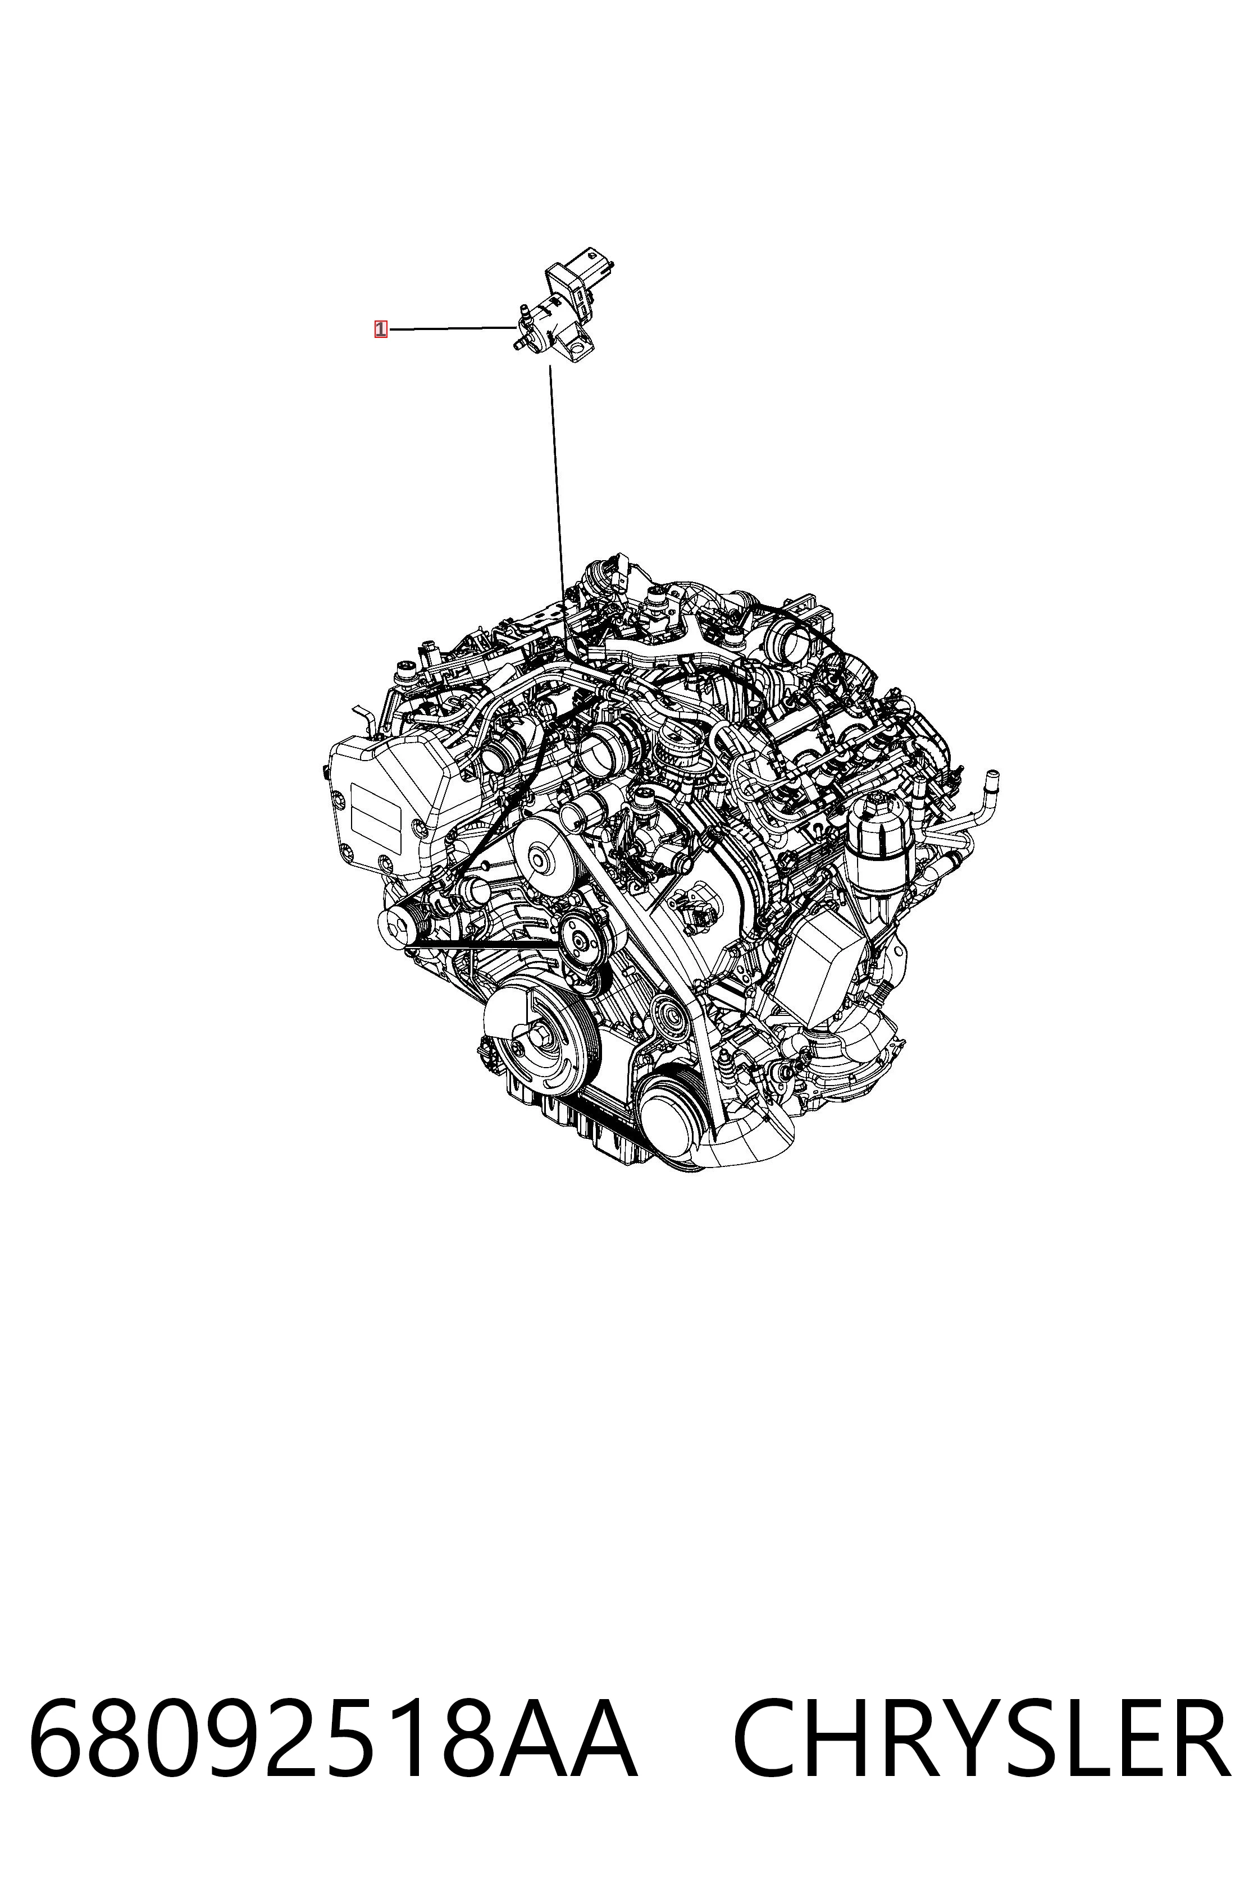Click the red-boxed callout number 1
[380, 329]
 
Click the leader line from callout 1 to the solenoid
[452, 328]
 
